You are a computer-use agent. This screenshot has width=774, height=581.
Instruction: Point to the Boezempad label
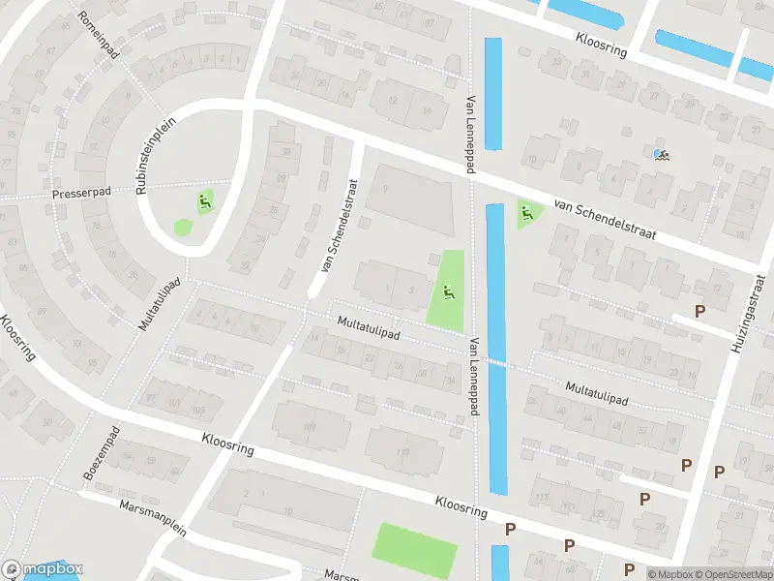point(101,454)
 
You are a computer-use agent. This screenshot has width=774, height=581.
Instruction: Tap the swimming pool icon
point(661,154)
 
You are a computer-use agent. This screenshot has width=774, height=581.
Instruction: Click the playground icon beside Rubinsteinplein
point(204,202)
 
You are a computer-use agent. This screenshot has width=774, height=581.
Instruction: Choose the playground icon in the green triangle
point(525,213)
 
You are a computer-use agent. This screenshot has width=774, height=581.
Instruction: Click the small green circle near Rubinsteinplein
point(183,228)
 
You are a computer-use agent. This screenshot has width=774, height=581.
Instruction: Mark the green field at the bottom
point(414,549)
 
